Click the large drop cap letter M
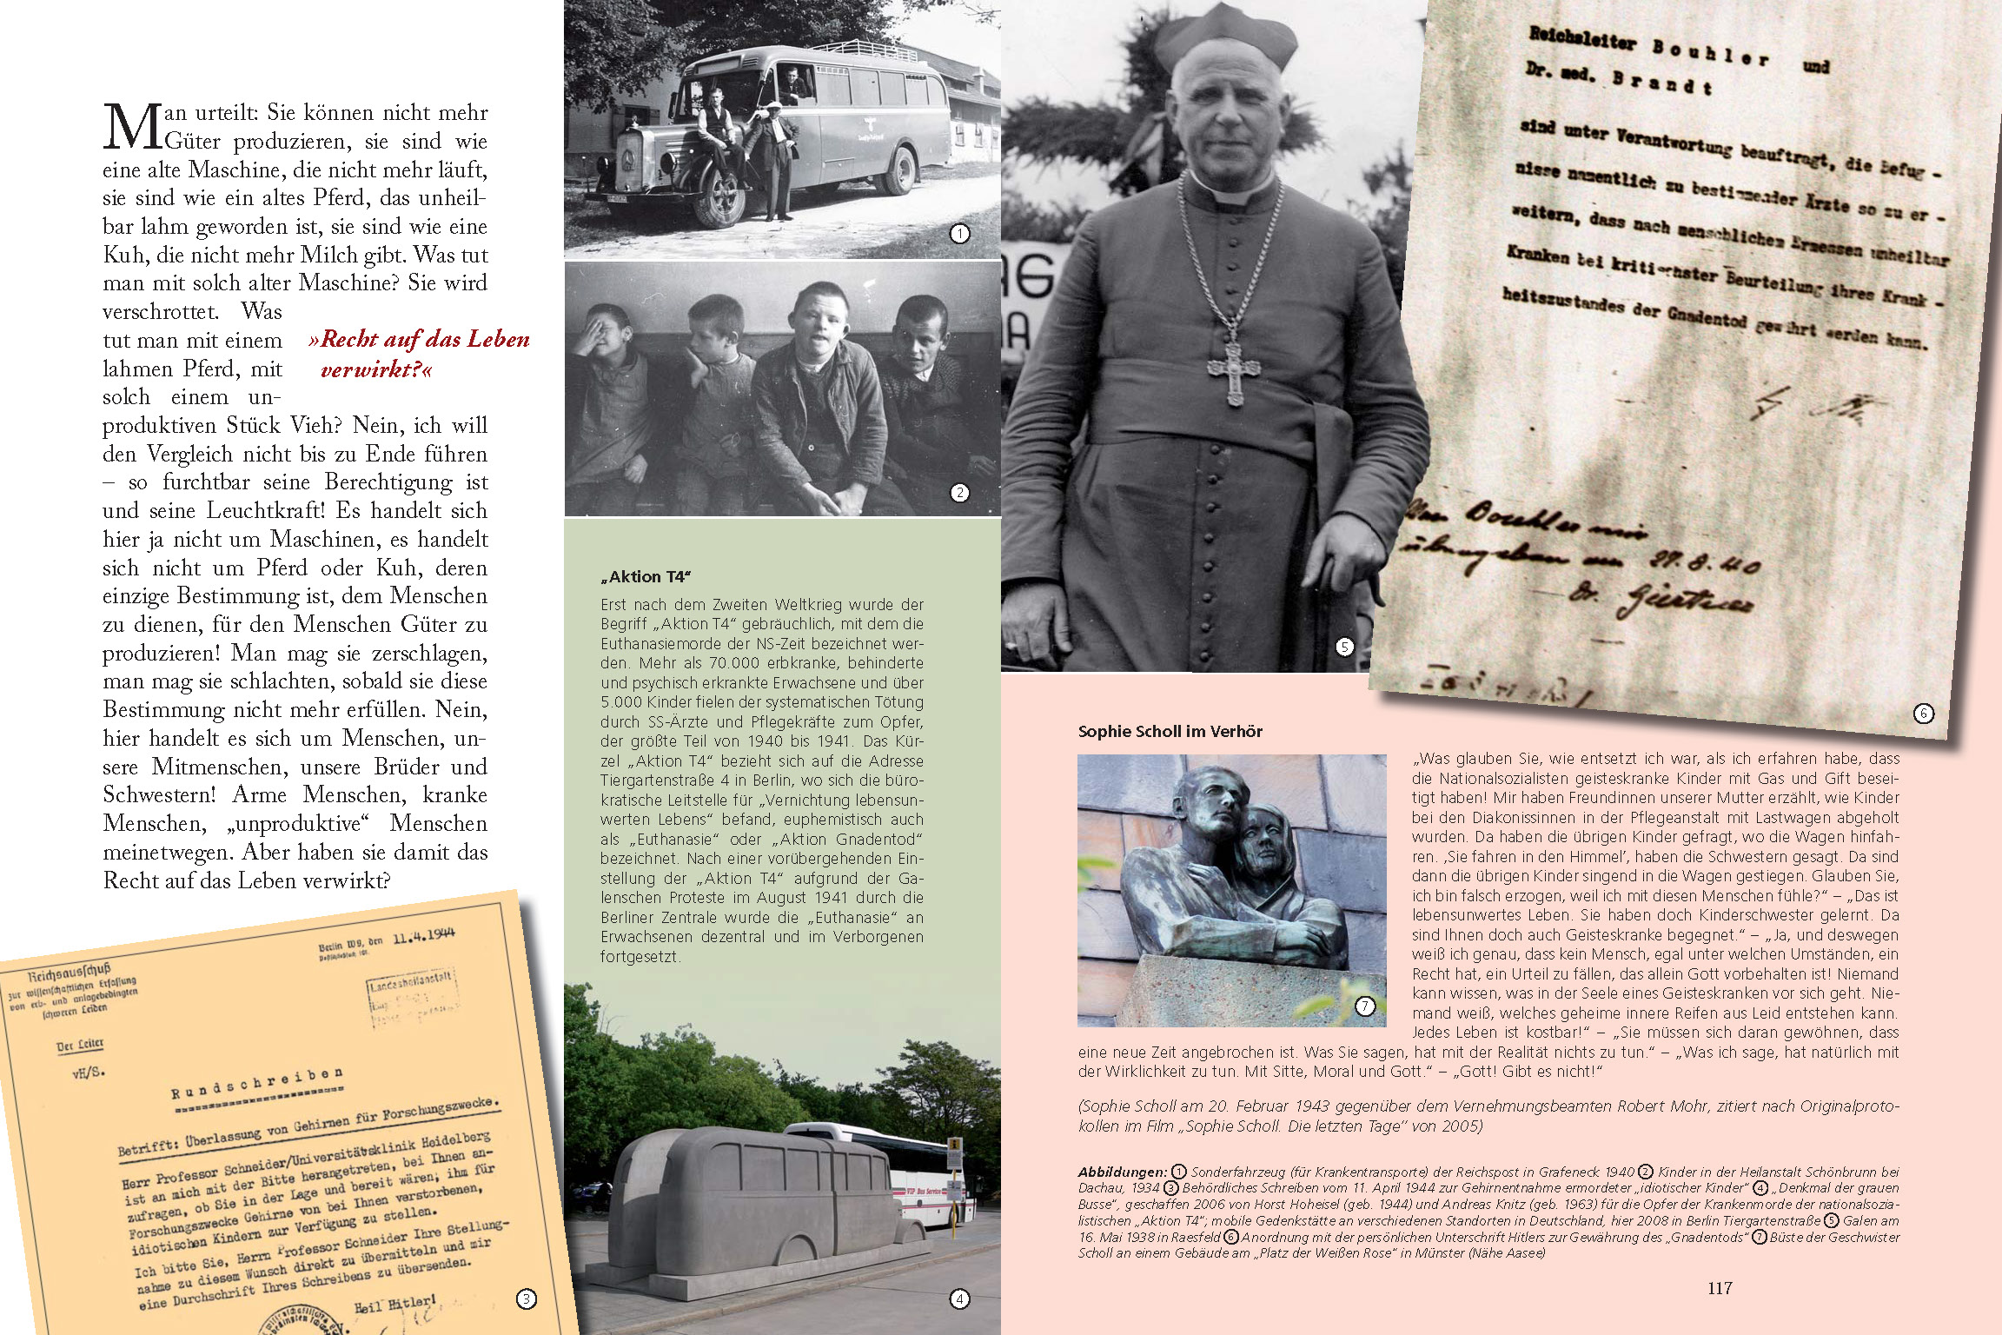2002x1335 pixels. [133, 127]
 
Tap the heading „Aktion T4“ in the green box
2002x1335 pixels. [646, 577]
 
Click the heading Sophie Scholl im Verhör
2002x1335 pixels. [1170, 732]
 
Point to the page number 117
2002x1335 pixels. [1720, 1288]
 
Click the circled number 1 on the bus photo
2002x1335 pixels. [959, 234]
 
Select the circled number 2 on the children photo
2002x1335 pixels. [959, 493]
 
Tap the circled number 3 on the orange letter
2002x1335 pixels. [526, 1299]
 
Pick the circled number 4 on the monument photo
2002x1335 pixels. [959, 1299]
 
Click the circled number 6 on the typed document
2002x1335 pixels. [1924, 714]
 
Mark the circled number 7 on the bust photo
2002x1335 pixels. [1365, 1006]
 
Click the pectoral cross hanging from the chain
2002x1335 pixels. [1232, 369]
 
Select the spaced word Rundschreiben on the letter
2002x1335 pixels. [256, 1083]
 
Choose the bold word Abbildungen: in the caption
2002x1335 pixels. [1122, 1172]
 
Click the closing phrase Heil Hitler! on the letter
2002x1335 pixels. [394, 1305]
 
